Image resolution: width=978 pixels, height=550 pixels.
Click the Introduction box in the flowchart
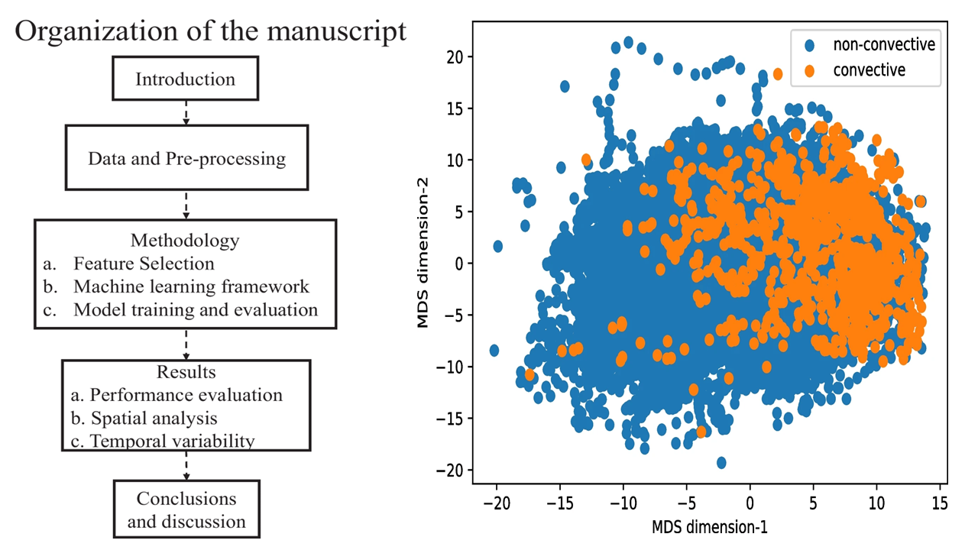click(186, 79)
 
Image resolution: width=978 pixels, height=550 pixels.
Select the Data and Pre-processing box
click(187, 159)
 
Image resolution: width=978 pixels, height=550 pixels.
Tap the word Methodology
click(185, 241)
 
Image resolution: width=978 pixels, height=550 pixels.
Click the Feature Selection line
click(144, 264)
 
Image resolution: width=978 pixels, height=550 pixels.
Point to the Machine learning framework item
click(191, 286)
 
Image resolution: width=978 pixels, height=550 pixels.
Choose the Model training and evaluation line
click(195, 310)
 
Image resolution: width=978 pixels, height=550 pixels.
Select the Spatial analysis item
click(154, 418)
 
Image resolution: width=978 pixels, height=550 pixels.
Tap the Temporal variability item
click(172, 441)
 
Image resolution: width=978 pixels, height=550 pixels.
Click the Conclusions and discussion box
click(186, 510)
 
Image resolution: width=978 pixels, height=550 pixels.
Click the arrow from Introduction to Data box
click(186, 113)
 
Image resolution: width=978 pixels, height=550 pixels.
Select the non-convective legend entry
click(884, 44)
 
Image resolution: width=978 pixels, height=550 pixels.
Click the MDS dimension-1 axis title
click(710, 526)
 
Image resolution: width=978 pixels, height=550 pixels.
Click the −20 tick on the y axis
click(451, 470)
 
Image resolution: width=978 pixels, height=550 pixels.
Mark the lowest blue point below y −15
click(721, 462)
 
